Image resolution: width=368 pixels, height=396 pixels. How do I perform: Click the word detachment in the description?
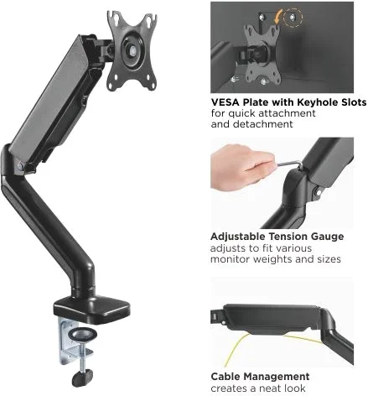click(263, 124)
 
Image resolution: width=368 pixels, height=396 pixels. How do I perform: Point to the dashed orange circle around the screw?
click(293, 18)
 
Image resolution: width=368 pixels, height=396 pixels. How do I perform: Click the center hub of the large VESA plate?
click(132, 50)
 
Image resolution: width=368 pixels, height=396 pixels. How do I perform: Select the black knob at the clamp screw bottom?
click(82, 378)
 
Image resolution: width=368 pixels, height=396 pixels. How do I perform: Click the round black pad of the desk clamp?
click(83, 334)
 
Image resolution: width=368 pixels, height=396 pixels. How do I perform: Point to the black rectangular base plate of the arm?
click(91, 310)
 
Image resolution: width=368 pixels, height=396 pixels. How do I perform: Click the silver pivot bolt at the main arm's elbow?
click(20, 165)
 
